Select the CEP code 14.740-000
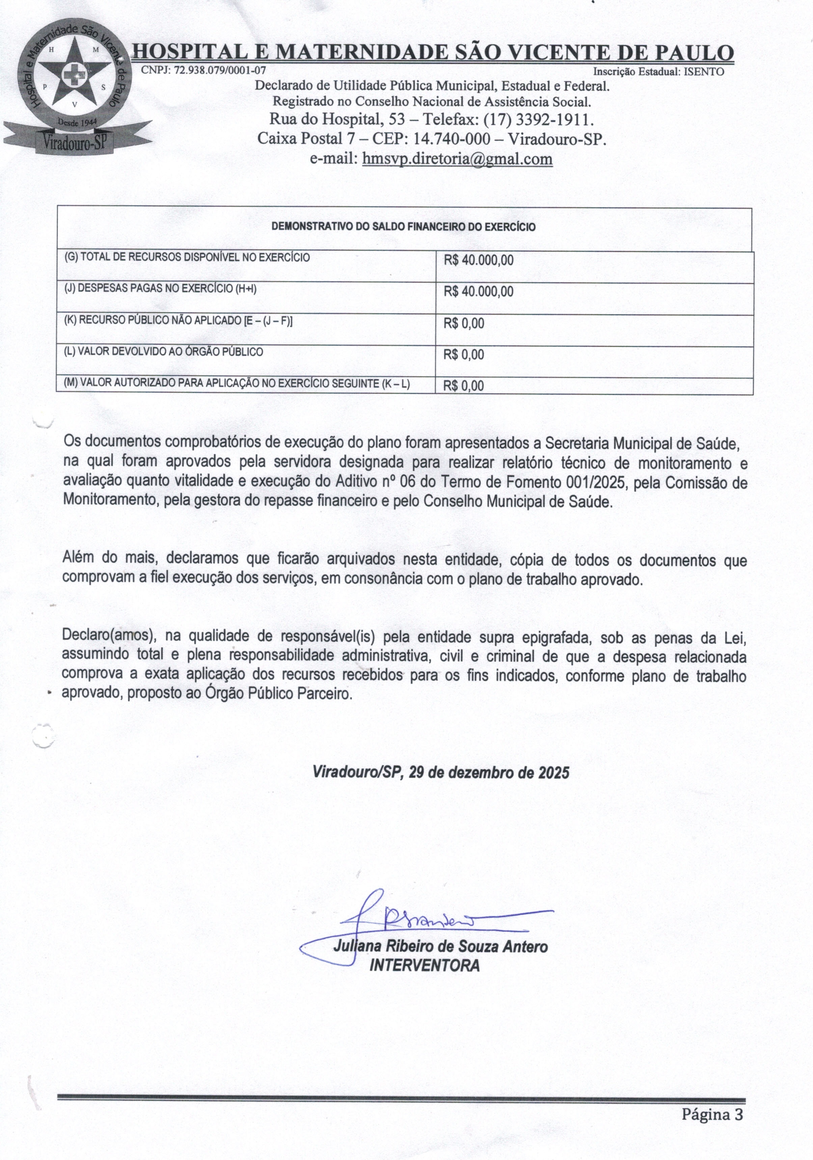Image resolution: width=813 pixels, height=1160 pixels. (451, 138)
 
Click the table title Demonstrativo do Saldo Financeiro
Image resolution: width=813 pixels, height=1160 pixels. (403, 227)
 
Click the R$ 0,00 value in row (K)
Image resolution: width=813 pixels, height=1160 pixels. (464, 323)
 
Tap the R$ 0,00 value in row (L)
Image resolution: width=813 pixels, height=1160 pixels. (464, 355)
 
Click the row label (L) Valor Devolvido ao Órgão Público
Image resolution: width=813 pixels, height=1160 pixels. (163, 352)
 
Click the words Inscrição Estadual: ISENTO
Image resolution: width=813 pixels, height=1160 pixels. (658, 72)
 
